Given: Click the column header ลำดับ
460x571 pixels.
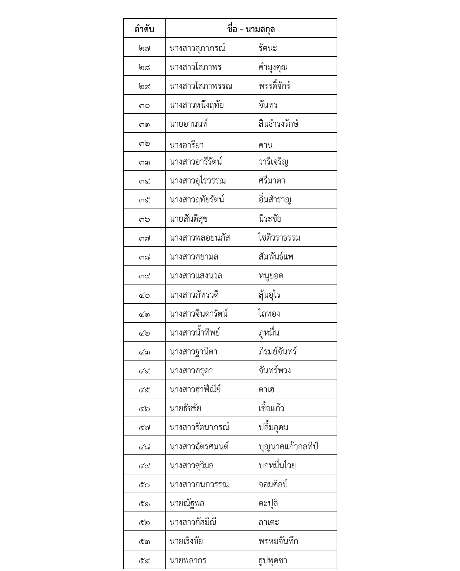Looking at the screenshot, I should (144, 29).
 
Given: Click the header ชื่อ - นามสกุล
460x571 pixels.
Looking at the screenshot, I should (251, 29).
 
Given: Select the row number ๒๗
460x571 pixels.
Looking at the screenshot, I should (144, 48).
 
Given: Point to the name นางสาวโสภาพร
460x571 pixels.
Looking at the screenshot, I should (195, 67).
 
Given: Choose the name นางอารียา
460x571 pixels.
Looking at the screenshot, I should (187, 145).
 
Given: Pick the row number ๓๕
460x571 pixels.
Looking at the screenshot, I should (144, 200).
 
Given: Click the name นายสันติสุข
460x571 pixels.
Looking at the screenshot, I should (188, 219).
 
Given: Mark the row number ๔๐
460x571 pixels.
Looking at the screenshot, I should (144, 295).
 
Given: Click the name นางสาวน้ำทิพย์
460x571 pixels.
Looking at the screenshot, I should (195, 333).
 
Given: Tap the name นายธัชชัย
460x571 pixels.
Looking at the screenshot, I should (185, 408).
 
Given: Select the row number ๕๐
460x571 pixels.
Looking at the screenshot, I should (144, 485).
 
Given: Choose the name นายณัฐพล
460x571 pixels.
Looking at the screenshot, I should (187, 503).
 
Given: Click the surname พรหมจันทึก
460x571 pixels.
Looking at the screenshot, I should (279, 541).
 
